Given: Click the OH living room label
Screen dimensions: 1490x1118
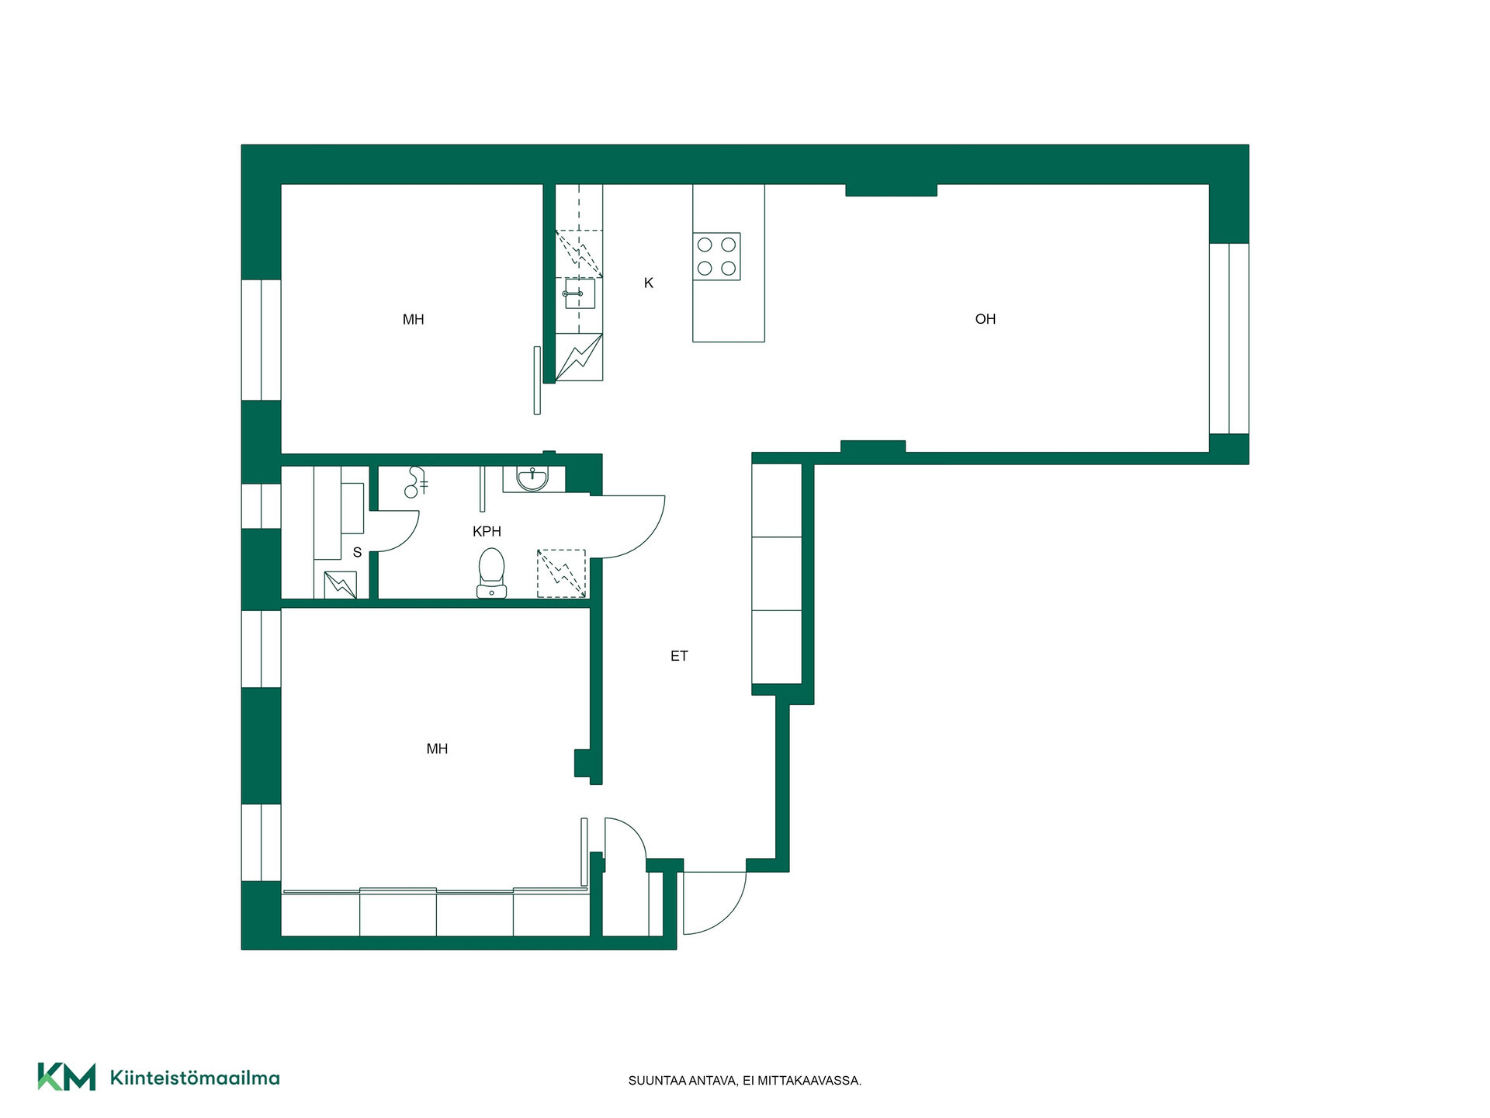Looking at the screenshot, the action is [985, 319].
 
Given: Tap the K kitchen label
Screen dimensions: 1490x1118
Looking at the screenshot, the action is [649, 283].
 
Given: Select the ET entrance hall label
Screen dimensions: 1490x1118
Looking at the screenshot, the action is [679, 656].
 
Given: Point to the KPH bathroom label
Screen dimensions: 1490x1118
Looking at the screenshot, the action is [487, 531].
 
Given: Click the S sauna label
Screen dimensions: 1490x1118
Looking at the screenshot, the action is [357, 553].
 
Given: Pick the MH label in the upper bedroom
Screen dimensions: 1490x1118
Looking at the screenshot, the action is [413, 319].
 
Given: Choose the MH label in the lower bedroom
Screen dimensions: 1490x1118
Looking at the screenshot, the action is [437, 748].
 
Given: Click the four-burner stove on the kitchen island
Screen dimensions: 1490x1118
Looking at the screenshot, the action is [716, 256].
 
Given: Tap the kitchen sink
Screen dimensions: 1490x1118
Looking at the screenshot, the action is [580, 293].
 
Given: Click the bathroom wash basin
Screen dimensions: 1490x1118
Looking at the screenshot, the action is [532, 478].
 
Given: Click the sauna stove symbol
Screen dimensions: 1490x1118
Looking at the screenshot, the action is [340, 585].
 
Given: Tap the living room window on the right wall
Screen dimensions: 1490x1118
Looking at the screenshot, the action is [1229, 339].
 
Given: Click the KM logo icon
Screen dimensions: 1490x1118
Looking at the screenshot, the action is [67, 1077].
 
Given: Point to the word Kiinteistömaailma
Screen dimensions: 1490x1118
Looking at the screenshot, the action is [195, 1078].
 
